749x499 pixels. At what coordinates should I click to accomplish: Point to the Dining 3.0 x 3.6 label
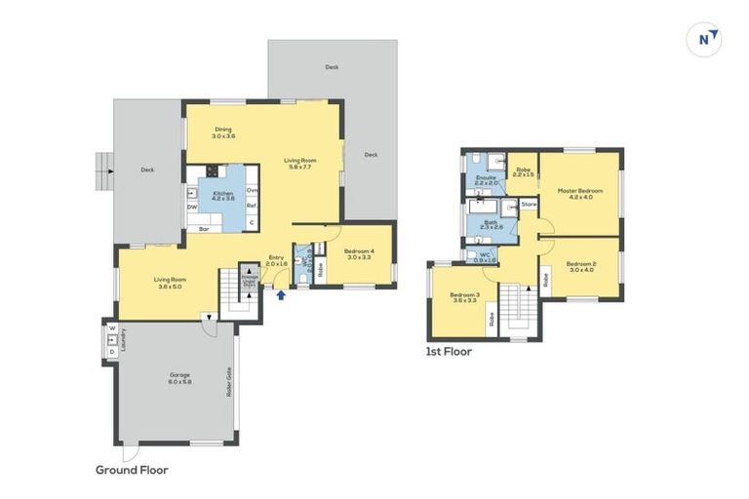pyautogui.click(x=225, y=133)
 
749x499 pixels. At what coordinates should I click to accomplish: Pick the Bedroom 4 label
pyautogui.click(x=360, y=254)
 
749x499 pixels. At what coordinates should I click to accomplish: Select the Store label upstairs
pyautogui.click(x=529, y=204)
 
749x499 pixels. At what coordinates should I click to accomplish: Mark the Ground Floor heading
pyautogui.click(x=131, y=469)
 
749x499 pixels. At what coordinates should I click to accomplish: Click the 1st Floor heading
pyautogui.click(x=449, y=351)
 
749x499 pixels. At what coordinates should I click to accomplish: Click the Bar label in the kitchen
pyautogui.click(x=204, y=229)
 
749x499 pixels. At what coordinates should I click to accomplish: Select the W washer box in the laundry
pyautogui.click(x=112, y=329)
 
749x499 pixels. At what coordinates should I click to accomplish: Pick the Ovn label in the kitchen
pyautogui.click(x=251, y=190)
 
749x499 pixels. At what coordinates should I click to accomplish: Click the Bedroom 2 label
pyautogui.click(x=581, y=265)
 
